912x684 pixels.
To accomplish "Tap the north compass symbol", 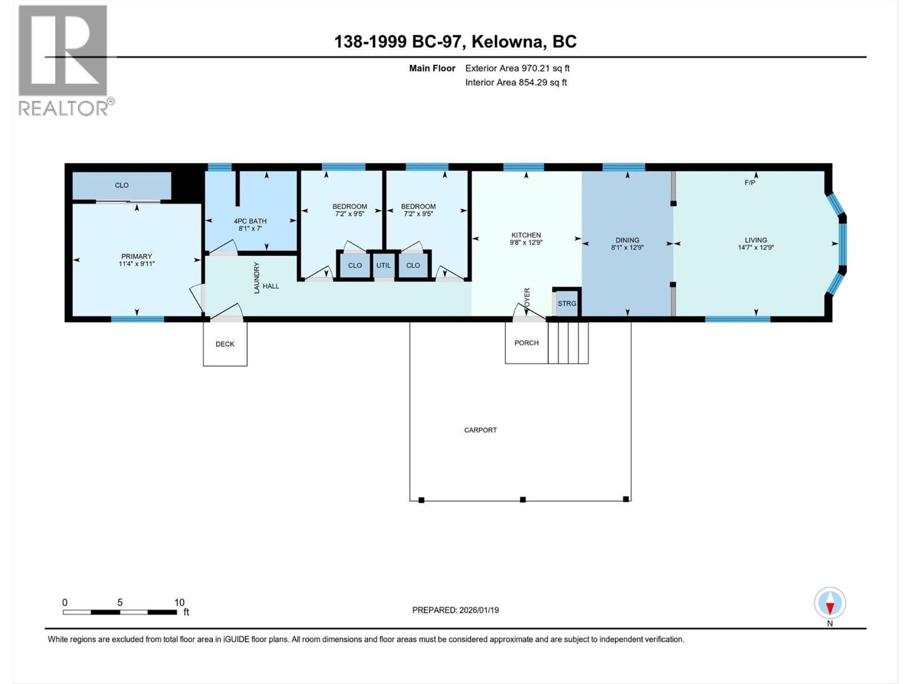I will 830,603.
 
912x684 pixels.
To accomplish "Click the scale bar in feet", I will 120,612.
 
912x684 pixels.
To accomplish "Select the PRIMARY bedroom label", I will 136,256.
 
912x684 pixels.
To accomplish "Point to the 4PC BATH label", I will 250,221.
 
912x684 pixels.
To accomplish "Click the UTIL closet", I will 384,265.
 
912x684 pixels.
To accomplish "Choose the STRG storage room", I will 567,303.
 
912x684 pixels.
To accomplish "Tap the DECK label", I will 225,344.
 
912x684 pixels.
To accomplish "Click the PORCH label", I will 526,343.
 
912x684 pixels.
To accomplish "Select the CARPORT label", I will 481,430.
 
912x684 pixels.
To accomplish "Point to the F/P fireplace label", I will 750,183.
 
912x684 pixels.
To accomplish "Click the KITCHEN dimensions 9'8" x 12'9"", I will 526,242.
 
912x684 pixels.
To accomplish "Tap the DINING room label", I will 627,240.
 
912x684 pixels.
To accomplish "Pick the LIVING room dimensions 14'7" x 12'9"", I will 756,247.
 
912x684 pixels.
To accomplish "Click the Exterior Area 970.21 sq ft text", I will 517,68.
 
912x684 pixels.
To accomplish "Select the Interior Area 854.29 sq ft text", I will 516,83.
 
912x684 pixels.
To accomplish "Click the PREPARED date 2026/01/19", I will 455,610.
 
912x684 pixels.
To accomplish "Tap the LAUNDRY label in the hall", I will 256,278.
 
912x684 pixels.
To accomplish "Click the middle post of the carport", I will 523,500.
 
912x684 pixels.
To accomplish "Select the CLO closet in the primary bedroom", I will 121,185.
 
